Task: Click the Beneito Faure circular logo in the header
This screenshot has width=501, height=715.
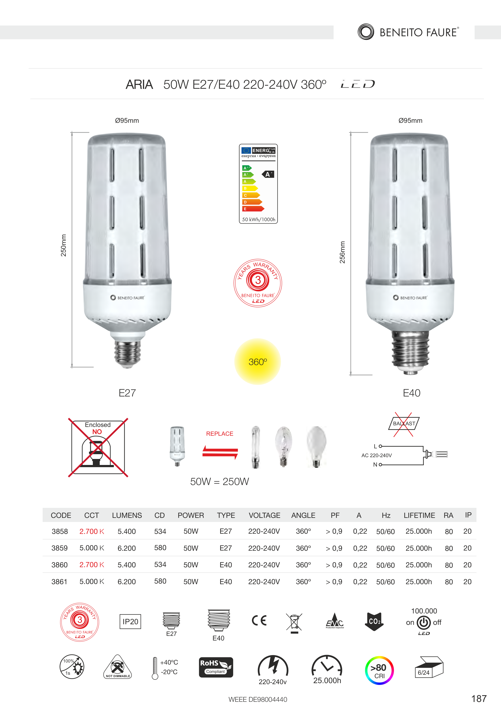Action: tap(366, 32)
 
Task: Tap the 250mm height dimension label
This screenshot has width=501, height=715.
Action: tap(64, 245)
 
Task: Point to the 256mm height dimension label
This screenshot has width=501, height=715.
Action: tap(342, 252)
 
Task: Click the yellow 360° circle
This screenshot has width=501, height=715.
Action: tap(258, 362)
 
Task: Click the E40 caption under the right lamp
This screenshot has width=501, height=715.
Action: tap(412, 393)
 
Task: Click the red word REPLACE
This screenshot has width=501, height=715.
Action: tap(220, 434)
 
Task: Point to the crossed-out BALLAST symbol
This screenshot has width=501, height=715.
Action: tap(404, 424)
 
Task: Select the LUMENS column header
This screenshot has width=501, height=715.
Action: tap(127, 515)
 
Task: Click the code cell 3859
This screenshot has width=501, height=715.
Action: tap(60, 548)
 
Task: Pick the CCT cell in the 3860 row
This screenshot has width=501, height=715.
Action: tap(92, 565)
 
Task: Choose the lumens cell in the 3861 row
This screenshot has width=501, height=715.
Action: tap(127, 582)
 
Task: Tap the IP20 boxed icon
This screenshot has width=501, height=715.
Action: tap(130, 622)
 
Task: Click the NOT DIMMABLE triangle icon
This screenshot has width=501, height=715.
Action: tap(117, 667)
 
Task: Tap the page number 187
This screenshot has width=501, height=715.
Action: tap(479, 699)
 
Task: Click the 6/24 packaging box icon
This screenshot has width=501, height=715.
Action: tap(429, 667)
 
